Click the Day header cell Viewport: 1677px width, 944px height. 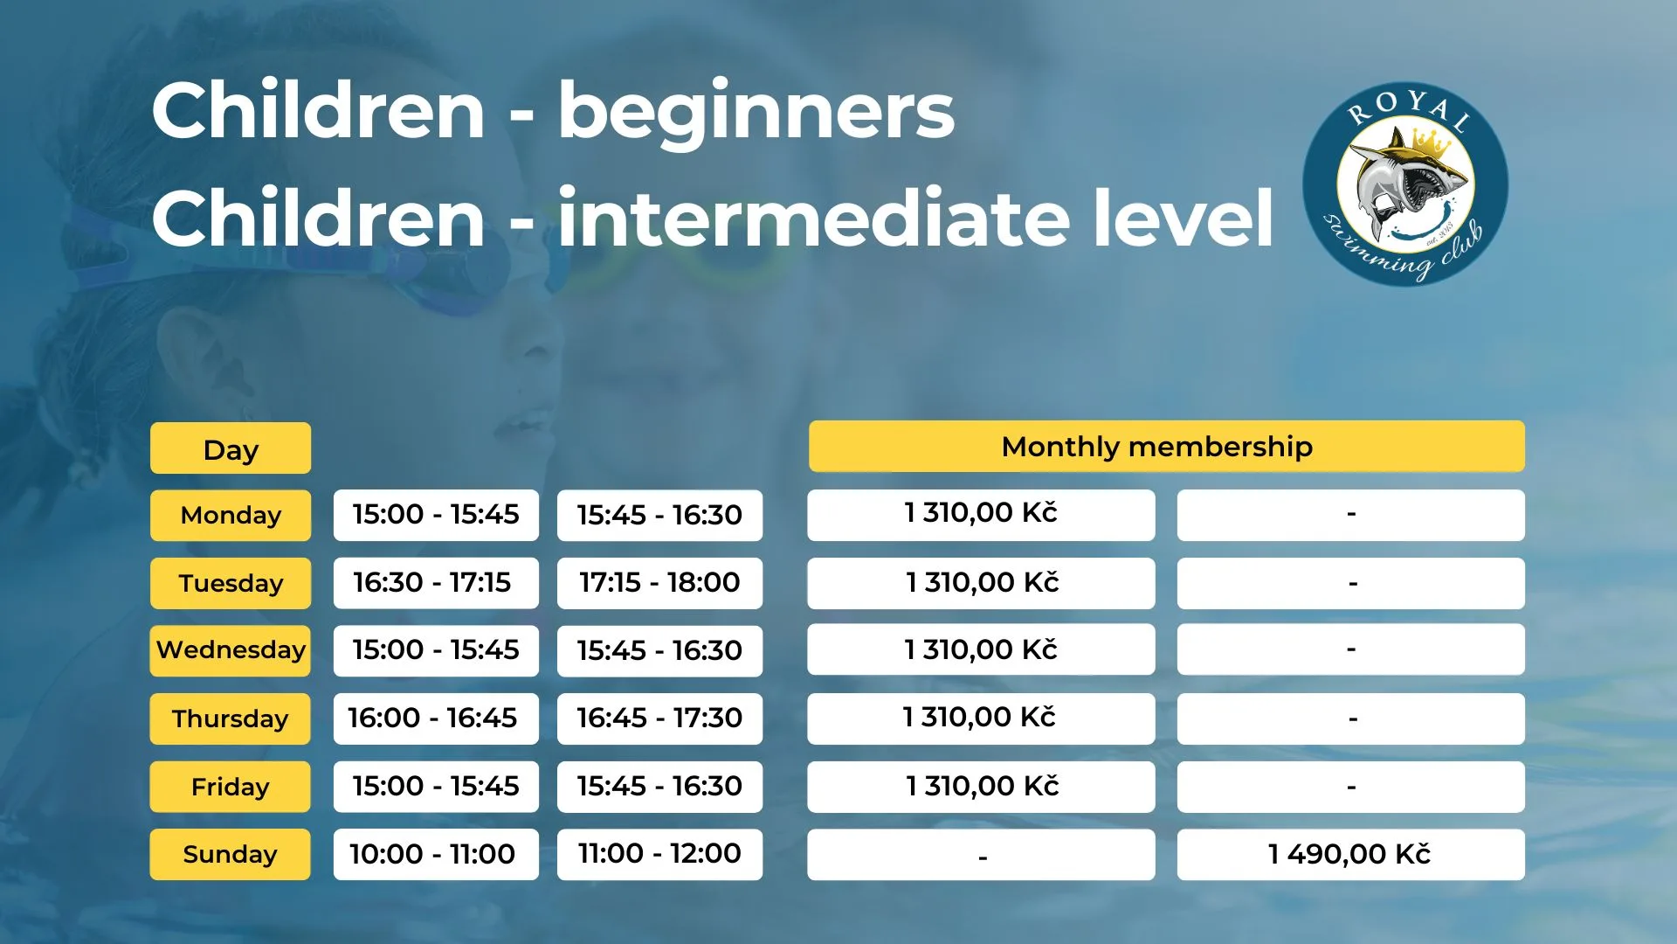(231, 448)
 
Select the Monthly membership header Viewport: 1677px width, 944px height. (1167, 447)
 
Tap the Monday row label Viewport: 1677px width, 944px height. (231, 515)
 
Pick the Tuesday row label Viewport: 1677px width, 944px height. (231, 583)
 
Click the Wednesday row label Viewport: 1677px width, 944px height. (231, 650)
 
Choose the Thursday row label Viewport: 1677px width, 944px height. (231, 718)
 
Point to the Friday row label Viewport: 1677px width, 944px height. (231, 787)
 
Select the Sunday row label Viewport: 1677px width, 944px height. (231, 854)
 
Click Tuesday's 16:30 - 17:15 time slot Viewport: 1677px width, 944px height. (436, 583)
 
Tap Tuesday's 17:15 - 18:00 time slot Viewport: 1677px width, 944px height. (659, 583)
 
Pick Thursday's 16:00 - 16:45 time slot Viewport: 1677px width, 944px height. (436, 718)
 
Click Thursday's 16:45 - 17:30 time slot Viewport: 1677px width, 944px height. (659, 718)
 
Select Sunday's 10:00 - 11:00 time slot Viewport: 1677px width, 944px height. (436, 854)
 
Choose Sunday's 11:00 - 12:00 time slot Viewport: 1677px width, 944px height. (659, 854)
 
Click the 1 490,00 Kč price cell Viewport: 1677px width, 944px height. (1351, 854)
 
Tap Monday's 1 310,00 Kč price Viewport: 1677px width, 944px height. (981, 515)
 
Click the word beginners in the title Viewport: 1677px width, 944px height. (756, 114)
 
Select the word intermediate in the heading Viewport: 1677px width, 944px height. (813, 218)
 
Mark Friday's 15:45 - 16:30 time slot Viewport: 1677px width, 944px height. (659, 787)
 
